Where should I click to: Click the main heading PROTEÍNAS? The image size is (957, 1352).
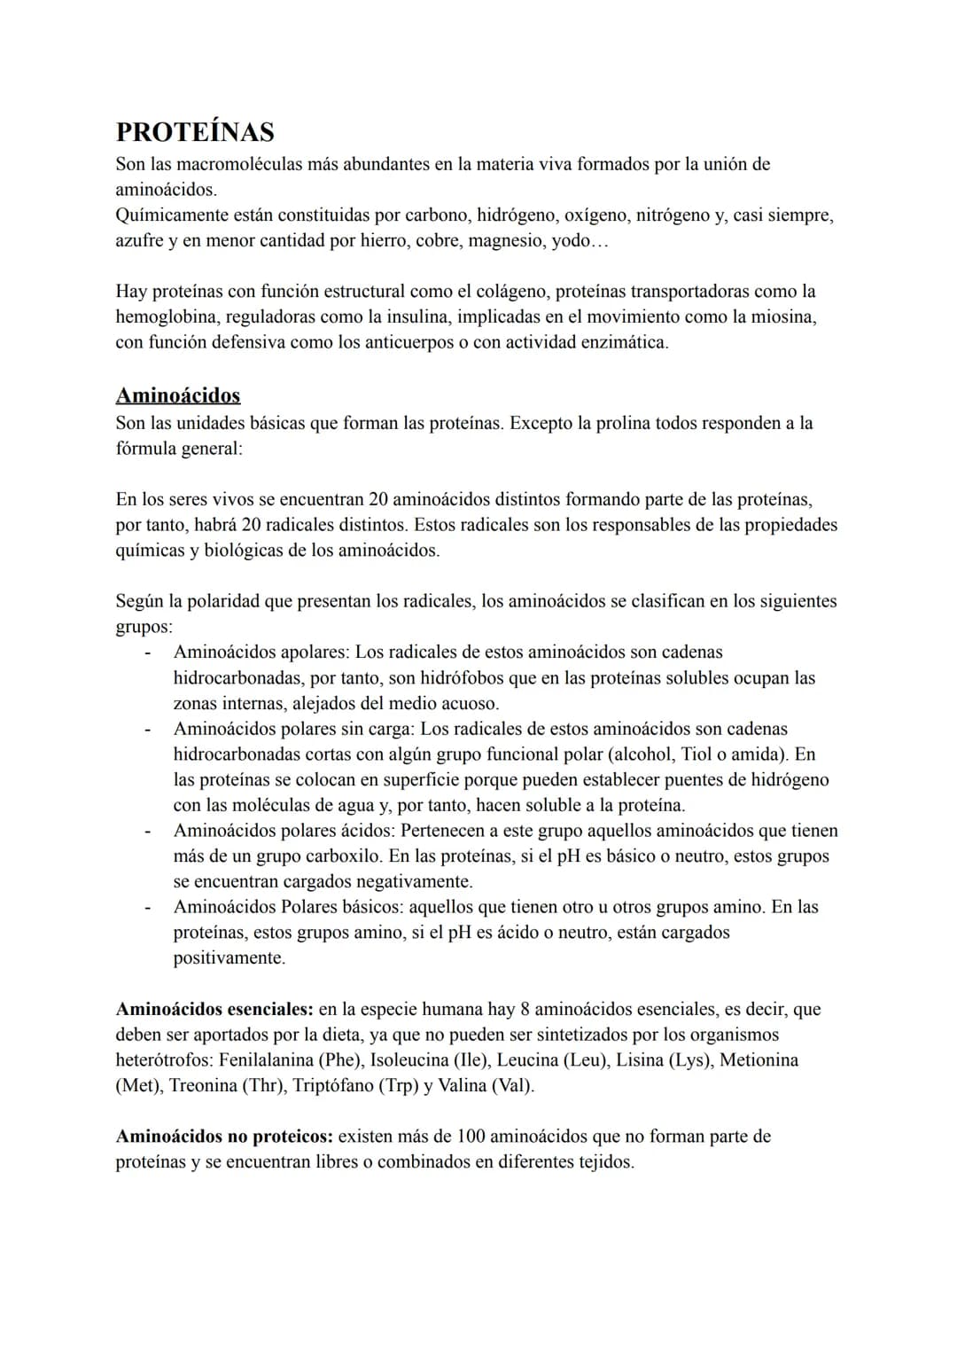(x=195, y=131)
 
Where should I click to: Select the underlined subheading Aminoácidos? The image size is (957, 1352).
(x=178, y=395)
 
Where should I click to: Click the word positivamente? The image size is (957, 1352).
(x=229, y=958)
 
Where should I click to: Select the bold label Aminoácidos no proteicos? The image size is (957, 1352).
(x=224, y=1137)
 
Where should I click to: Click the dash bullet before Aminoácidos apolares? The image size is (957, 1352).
(x=148, y=653)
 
